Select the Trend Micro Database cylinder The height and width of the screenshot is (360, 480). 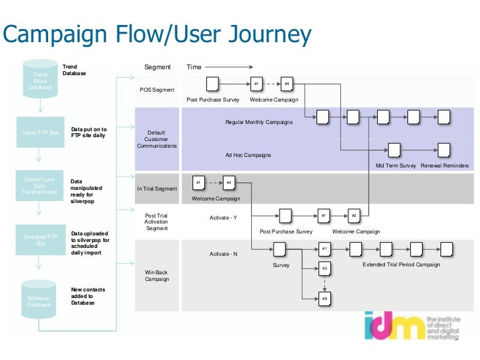40,80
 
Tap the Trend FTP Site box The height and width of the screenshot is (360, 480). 40,133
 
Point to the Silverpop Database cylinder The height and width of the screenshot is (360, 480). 40,298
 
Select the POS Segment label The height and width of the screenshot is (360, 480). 157,90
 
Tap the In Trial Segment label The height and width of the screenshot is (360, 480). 157,189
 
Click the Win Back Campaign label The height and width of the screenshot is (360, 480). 157,275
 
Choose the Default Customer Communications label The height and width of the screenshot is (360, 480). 157,139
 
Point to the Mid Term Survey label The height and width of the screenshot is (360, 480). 396,165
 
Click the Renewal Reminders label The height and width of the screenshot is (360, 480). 445,165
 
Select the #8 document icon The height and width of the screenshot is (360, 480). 324,299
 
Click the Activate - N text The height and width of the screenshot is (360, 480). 223,254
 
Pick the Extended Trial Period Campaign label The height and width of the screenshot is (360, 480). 401,264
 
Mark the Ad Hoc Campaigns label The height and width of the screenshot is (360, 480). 248,155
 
